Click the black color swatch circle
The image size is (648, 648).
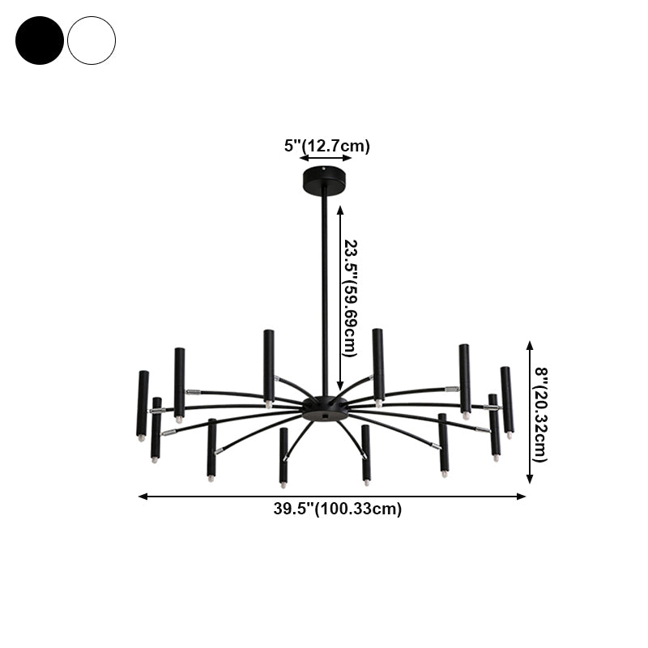click(x=39, y=40)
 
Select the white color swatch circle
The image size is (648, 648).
click(x=92, y=40)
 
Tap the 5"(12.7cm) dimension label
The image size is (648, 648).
click(x=326, y=146)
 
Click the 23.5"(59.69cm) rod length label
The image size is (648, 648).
click(x=351, y=297)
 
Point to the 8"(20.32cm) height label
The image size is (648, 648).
click(x=540, y=415)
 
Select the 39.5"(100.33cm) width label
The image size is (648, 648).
click(x=337, y=509)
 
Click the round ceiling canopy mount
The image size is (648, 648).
click(x=326, y=175)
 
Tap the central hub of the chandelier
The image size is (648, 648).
click(x=326, y=407)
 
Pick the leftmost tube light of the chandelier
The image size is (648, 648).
click(x=143, y=403)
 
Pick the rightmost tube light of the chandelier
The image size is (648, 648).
click(x=507, y=400)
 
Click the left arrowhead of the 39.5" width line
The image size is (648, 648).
click(x=143, y=496)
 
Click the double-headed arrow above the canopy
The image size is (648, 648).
click(x=326, y=159)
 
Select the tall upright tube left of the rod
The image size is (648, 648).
click(x=268, y=365)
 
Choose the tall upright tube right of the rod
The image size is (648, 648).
click(x=378, y=364)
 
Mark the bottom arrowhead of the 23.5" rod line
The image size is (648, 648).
click(x=340, y=386)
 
